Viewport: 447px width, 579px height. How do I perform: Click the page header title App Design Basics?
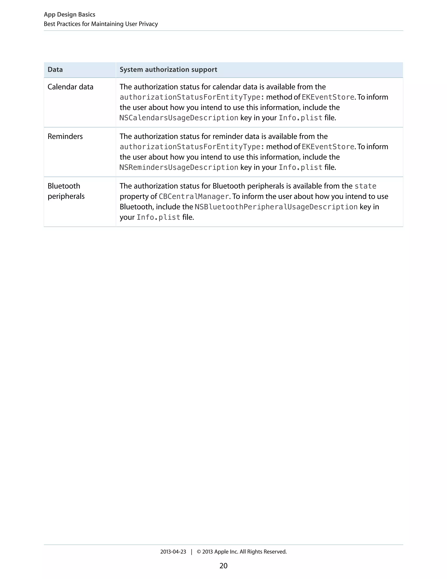click(69, 15)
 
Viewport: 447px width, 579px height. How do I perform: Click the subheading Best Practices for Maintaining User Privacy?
click(101, 24)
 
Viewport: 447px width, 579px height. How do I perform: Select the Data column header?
click(55, 70)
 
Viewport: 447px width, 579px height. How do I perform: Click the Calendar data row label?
click(70, 87)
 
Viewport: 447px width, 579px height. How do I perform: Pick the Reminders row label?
click(65, 137)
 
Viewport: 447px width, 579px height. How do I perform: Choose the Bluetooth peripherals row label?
click(66, 191)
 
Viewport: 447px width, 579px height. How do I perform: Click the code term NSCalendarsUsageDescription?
click(179, 118)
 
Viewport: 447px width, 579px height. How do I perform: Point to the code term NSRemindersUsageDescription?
click(179, 168)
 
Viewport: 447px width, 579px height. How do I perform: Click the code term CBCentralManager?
click(194, 197)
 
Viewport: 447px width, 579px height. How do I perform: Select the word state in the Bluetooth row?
click(365, 186)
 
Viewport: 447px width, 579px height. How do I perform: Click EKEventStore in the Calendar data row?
click(328, 97)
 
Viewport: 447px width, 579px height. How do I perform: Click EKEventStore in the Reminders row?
click(328, 147)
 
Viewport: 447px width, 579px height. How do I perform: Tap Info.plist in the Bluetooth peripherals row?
click(158, 218)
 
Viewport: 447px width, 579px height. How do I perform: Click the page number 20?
click(223, 566)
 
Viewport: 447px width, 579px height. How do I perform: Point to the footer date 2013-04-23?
click(173, 552)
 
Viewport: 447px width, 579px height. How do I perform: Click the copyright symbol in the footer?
click(199, 552)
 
